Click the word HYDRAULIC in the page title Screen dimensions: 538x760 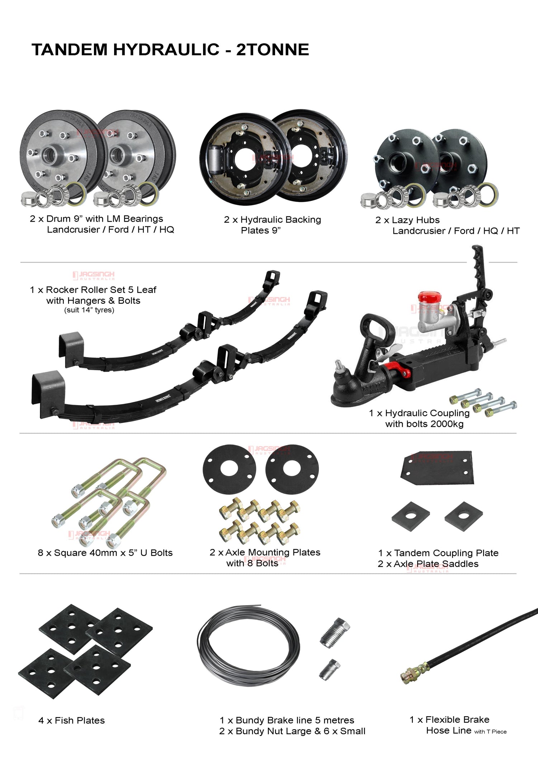coord(166,49)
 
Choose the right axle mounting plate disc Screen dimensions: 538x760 coord(292,469)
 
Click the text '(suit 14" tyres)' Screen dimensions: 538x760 coord(89,310)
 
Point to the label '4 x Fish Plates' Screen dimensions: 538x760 coord(72,720)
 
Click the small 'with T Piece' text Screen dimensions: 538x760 coord(490,732)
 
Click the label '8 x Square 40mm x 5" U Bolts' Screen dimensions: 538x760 coord(105,553)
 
